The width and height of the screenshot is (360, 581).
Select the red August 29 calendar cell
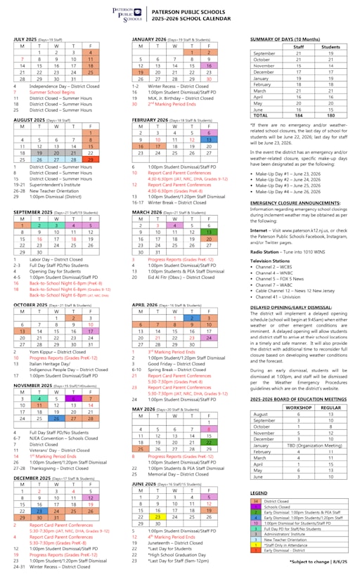click(x=90, y=159)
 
